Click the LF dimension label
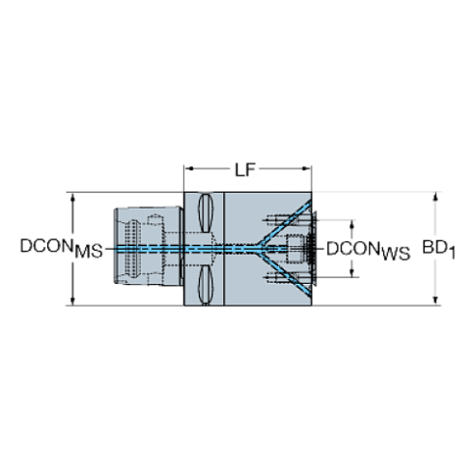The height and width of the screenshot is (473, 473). pos(245,170)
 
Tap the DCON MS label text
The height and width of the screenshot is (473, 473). pos(62,248)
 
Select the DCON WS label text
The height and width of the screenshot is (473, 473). pos(369,250)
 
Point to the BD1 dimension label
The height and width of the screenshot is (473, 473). pos(439,250)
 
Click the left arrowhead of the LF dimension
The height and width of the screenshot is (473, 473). pos(189,168)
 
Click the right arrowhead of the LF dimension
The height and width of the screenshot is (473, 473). pos(307,168)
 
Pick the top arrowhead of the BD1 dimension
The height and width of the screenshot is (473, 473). pos(435,197)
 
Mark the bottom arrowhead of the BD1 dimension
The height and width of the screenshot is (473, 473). pos(435,300)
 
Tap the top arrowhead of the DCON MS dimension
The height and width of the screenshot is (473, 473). pos(72,197)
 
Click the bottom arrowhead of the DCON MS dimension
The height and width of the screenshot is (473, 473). pos(72,300)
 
